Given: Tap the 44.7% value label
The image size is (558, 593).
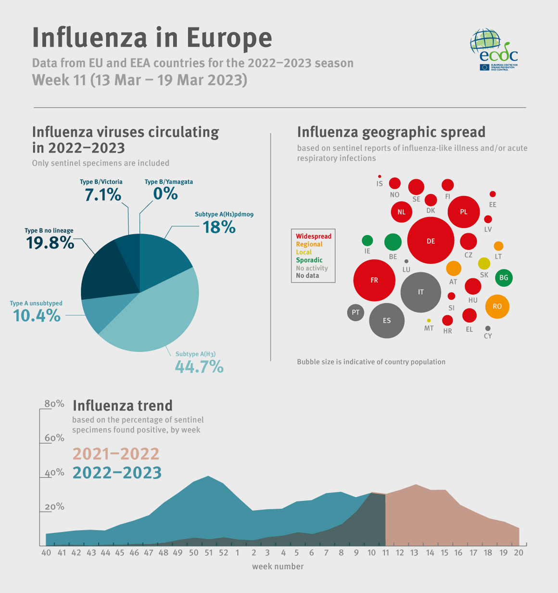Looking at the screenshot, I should click(x=199, y=367).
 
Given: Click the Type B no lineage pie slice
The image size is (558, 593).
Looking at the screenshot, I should click(x=103, y=270).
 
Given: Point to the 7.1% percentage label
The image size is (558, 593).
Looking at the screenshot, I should click(x=102, y=195).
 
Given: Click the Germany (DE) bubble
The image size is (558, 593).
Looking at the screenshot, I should click(x=431, y=241).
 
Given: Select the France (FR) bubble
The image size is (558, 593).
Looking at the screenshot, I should click(x=374, y=280).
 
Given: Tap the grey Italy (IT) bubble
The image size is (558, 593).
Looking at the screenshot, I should click(x=421, y=292).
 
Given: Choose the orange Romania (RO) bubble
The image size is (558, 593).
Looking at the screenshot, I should click(x=497, y=307).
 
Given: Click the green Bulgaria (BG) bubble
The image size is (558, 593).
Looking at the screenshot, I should click(x=504, y=278).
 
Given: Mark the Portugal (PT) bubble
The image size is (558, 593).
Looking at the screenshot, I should click(x=355, y=312).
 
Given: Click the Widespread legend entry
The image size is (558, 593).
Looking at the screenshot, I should click(x=314, y=236).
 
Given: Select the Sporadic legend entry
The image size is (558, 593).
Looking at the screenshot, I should click(x=309, y=260).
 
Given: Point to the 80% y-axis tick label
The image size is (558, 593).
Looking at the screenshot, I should click(x=54, y=404).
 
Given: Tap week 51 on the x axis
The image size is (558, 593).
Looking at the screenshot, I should click(x=208, y=553).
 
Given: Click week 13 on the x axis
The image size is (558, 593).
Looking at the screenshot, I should click(x=415, y=553).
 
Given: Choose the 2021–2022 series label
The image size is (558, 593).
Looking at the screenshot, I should click(x=116, y=454).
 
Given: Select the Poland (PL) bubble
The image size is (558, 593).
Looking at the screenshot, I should click(x=464, y=212).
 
